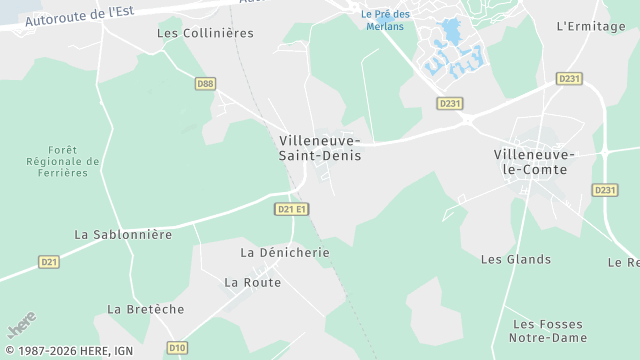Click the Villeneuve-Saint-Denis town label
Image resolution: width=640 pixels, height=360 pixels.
pos(320,148)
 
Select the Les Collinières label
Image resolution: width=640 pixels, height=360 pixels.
pos(205,33)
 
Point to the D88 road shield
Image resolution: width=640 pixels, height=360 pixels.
pos(205,85)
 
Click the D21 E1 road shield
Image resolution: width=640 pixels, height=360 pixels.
pos(291,209)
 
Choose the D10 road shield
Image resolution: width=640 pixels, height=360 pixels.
pos(176,348)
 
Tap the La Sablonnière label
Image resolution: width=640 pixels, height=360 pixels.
pos(124,234)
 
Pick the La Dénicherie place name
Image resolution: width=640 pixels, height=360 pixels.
pos(285,253)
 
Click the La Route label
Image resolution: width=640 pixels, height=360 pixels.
pos(252,282)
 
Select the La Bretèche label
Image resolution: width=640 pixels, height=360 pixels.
pos(146,309)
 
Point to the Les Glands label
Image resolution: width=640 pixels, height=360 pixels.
pos(516,259)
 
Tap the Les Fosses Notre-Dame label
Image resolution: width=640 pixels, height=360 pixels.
pos(549,331)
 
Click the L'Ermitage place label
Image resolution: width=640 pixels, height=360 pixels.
pos(590,26)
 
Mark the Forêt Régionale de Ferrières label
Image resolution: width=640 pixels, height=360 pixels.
pos(64,161)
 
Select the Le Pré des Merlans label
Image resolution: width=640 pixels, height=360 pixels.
pos(386,19)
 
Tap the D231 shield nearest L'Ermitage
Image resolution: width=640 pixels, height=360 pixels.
pos(569,78)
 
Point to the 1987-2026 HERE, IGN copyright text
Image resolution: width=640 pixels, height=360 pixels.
pos(67,351)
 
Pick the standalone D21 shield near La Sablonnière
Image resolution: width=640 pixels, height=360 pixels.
pos(49,262)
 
